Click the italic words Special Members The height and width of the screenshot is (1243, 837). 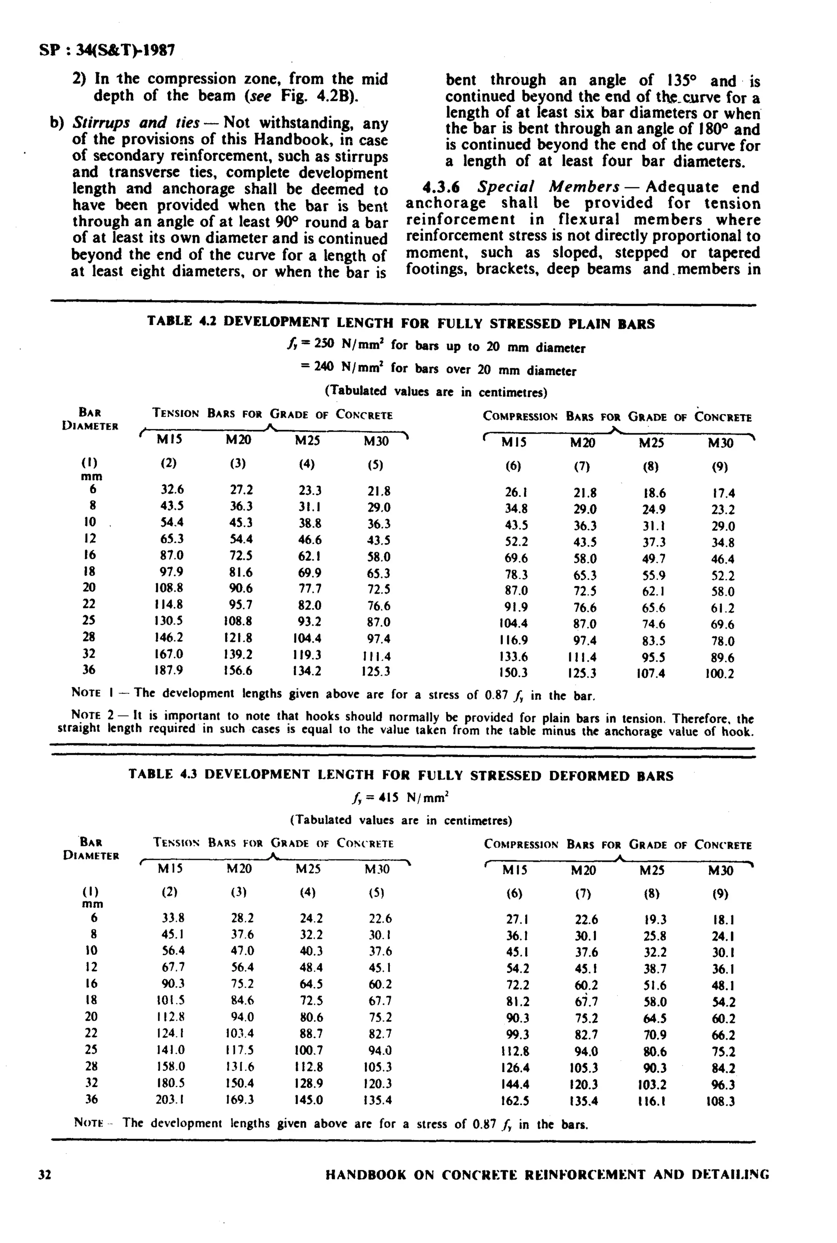(548, 187)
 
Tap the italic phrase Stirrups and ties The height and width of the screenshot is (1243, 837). (136, 123)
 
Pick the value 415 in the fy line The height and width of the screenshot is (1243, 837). (389, 798)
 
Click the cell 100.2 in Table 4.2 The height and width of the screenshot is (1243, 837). (720, 673)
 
